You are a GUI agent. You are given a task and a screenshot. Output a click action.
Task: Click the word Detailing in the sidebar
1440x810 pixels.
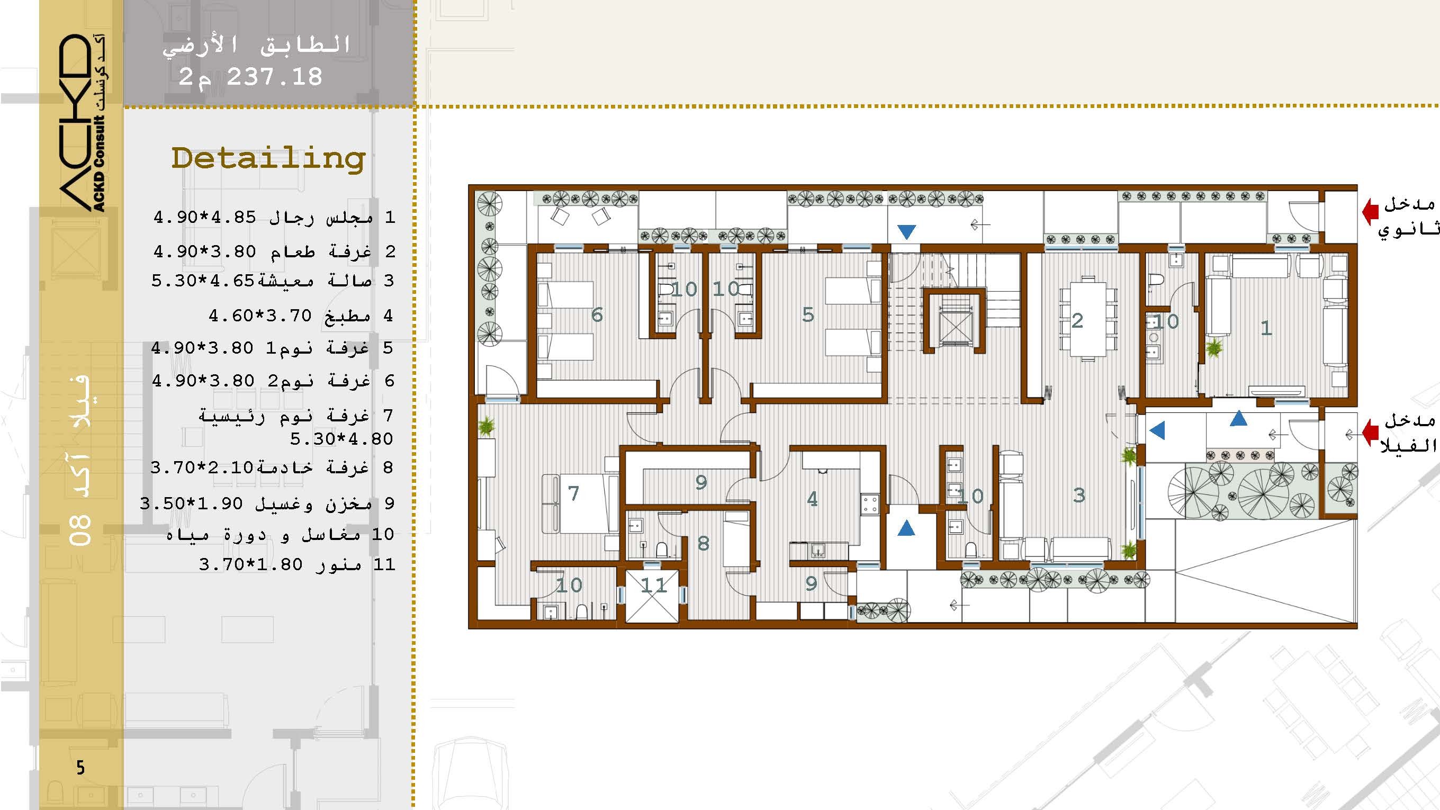click(x=268, y=158)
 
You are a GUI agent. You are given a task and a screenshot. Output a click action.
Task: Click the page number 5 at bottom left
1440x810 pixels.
click(x=80, y=768)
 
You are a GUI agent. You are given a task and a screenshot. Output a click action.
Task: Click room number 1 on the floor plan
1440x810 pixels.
click(x=1266, y=328)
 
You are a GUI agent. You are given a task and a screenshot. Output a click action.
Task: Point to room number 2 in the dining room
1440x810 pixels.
click(x=1077, y=320)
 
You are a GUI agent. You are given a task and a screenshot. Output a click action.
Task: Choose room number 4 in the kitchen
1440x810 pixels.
click(x=812, y=499)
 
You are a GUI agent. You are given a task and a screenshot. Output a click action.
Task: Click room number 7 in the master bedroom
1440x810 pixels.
click(x=573, y=493)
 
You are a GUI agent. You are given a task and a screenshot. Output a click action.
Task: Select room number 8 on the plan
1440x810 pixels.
click(x=703, y=543)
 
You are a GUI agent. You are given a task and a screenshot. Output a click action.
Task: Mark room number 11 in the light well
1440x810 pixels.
click(x=653, y=586)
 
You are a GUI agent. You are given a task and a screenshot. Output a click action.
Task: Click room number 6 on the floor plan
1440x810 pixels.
click(x=597, y=314)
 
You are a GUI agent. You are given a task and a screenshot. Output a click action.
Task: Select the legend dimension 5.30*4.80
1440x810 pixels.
click(x=341, y=439)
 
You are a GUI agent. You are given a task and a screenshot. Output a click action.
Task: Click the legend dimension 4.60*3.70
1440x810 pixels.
click(x=260, y=316)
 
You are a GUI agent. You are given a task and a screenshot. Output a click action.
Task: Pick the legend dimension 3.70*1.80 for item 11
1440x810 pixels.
click(x=250, y=564)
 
